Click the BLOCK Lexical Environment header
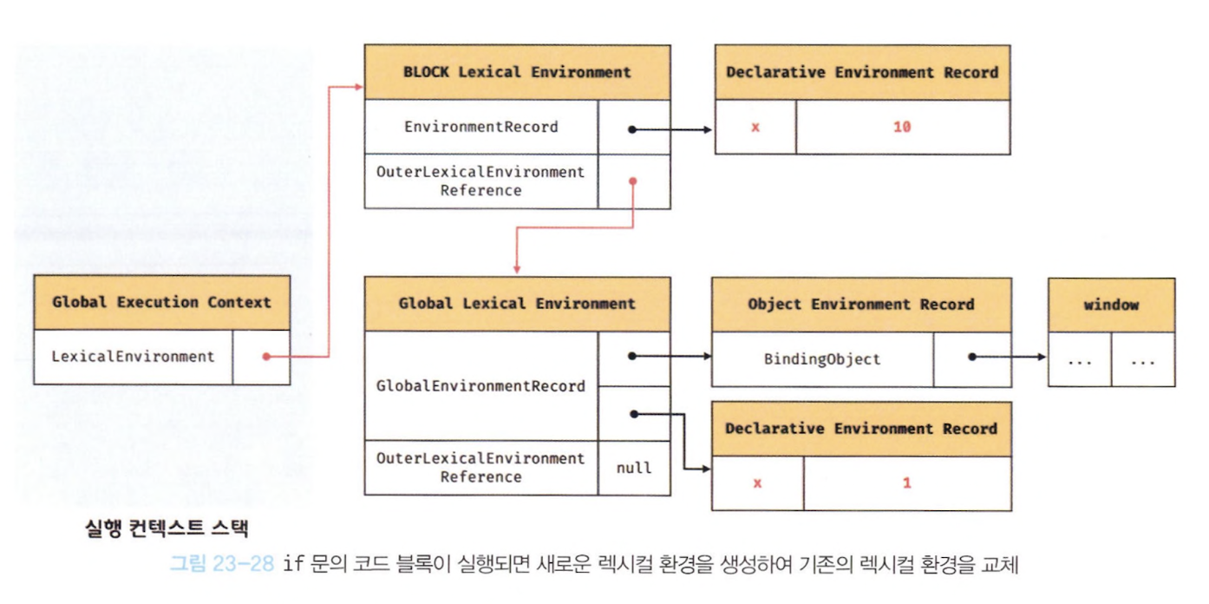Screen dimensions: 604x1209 click(x=517, y=72)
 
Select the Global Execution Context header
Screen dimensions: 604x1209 click(x=161, y=302)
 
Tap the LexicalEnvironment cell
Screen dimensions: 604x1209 click(x=133, y=357)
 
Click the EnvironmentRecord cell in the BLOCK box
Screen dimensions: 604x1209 click(x=481, y=127)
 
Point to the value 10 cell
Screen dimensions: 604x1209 click(x=902, y=127)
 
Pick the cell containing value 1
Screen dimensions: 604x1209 click(x=906, y=483)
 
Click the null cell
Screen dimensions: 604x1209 click(x=633, y=468)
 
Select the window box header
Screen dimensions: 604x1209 click(x=1111, y=305)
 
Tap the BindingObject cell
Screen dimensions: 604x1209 click(x=822, y=359)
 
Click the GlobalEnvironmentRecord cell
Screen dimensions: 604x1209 click(x=481, y=386)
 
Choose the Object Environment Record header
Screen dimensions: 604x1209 click(x=861, y=305)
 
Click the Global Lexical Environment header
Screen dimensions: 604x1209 click(x=517, y=304)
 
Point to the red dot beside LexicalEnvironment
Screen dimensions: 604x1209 click(x=266, y=357)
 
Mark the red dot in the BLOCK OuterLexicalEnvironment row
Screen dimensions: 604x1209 click(x=633, y=181)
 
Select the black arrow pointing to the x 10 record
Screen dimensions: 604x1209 click(x=672, y=130)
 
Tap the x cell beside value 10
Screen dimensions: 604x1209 click(x=755, y=127)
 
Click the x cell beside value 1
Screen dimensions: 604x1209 click(x=757, y=483)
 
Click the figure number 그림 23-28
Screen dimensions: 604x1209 click(x=222, y=564)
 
